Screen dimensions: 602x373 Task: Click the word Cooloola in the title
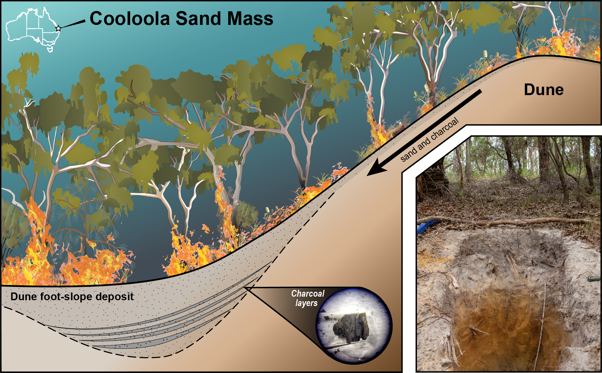click(130, 18)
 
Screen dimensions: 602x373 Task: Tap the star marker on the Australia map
click(58, 28)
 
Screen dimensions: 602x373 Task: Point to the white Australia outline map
click(33, 29)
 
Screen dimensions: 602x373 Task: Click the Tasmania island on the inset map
click(50, 49)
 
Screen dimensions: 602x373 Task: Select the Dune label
click(544, 90)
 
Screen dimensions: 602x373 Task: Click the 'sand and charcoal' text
click(429, 139)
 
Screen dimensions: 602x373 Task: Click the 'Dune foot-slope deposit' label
click(72, 297)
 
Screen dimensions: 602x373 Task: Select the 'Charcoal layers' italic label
click(307, 298)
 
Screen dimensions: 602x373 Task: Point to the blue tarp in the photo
click(427, 227)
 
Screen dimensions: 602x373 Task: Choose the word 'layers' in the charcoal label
click(307, 303)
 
